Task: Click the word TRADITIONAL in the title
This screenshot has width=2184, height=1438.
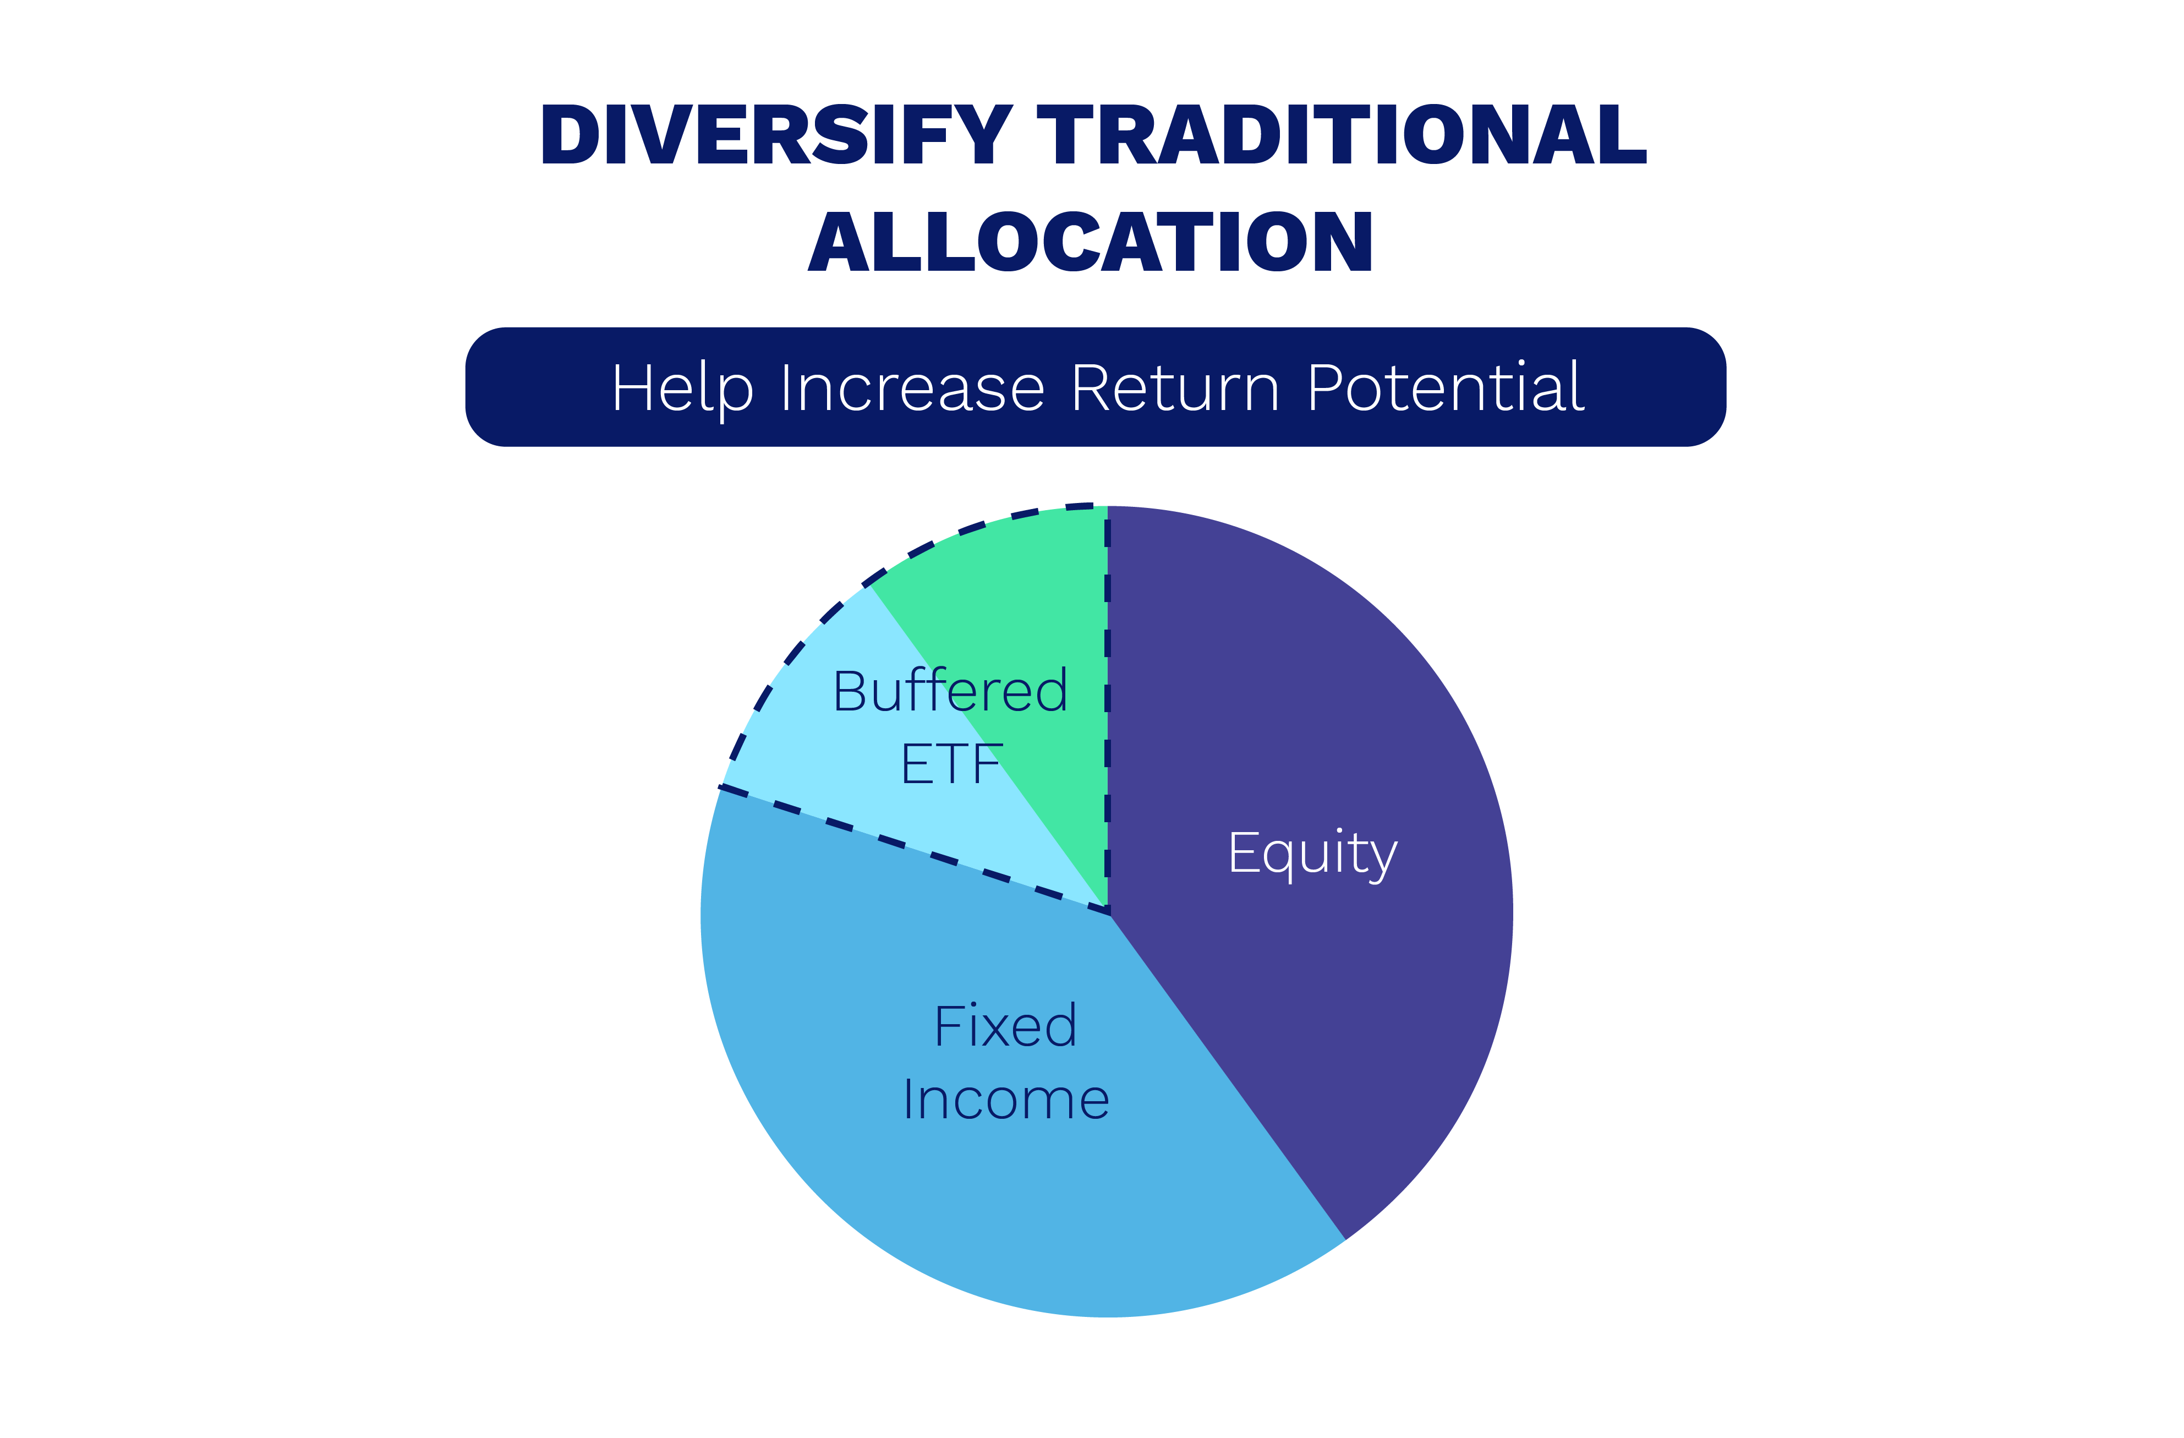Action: coord(1342,134)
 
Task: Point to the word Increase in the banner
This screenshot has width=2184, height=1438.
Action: coord(912,388)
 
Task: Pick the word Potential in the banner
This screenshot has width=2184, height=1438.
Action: coord(1446,387)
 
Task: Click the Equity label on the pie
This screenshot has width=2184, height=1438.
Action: coord(1313,854)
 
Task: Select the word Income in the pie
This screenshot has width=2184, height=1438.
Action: coord(1006,1100)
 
